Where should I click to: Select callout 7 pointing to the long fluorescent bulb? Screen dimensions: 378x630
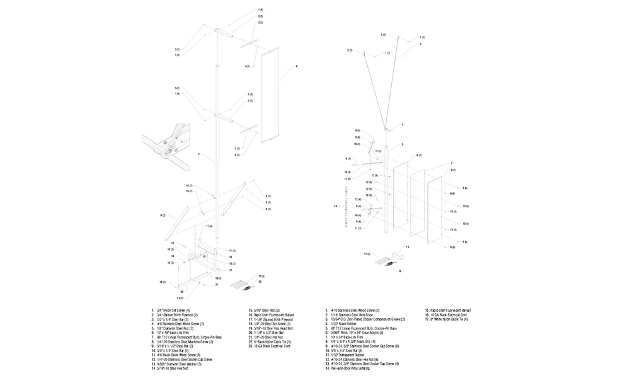198,154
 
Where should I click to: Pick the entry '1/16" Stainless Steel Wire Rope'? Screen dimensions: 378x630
356,315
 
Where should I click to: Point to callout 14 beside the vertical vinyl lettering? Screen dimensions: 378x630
335,206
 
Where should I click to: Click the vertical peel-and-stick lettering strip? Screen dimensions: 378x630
346,207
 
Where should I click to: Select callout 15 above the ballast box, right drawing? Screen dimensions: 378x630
408,248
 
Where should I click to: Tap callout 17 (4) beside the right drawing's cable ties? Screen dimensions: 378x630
367,253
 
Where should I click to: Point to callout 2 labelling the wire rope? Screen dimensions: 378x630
420,43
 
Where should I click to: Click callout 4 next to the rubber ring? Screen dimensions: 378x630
403,125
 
